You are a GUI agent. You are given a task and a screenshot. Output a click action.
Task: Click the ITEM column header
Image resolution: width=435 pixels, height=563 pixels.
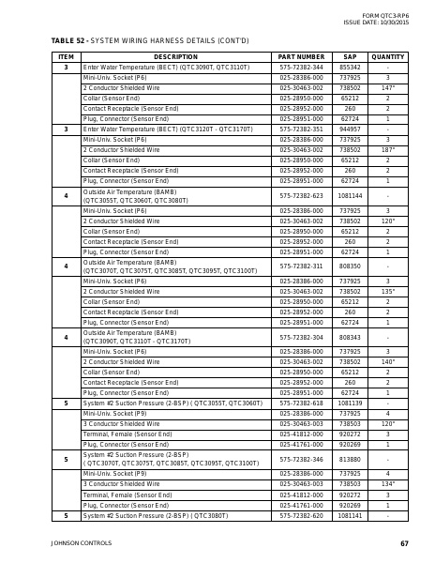click(x=66, y=57)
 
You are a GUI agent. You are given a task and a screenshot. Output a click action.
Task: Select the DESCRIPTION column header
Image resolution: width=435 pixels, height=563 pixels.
click(x=169, y=57)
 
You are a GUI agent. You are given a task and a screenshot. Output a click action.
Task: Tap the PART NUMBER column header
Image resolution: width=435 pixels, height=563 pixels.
click(x=302, y=57)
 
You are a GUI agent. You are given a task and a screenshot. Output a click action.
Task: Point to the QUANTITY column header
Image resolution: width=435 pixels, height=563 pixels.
click(x=387, y=57)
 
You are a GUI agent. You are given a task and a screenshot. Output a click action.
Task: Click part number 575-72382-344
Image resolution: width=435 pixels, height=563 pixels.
click(x=302, y=68)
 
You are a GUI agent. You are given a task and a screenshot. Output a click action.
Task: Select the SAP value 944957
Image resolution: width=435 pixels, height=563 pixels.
click(x=350, y=129)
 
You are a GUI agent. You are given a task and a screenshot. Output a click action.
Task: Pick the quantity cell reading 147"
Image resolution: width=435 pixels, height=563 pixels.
click(x=387, y=87)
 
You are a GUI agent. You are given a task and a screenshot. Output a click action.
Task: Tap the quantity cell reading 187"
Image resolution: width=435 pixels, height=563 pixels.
click(x=387, y=149)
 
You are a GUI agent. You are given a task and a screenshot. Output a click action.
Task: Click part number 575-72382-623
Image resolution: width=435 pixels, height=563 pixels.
click(x=302, y=195)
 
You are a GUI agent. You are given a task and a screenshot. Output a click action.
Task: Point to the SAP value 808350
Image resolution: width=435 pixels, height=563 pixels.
click(x=350, y=266)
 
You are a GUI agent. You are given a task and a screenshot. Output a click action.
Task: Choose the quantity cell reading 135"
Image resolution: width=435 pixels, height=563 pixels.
click(x=387, y=291)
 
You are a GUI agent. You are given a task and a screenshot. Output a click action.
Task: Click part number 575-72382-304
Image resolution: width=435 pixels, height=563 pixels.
click(x=302, y=337)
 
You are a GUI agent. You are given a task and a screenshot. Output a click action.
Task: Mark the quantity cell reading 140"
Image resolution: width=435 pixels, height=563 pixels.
click(x=387, y=361)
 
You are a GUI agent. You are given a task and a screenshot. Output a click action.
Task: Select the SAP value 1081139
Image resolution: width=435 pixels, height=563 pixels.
click(x=350, y=403)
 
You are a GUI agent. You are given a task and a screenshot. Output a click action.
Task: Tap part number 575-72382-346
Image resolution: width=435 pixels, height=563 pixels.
click(x=302, y=460)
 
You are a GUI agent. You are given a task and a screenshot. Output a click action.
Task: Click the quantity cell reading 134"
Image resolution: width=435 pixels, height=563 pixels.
click(x=387, y=484)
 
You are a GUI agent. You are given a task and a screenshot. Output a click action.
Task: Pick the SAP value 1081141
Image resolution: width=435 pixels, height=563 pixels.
click(x=350, y=515)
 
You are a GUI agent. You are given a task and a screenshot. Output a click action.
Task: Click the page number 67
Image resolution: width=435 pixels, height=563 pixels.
click(x=404, y=543)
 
